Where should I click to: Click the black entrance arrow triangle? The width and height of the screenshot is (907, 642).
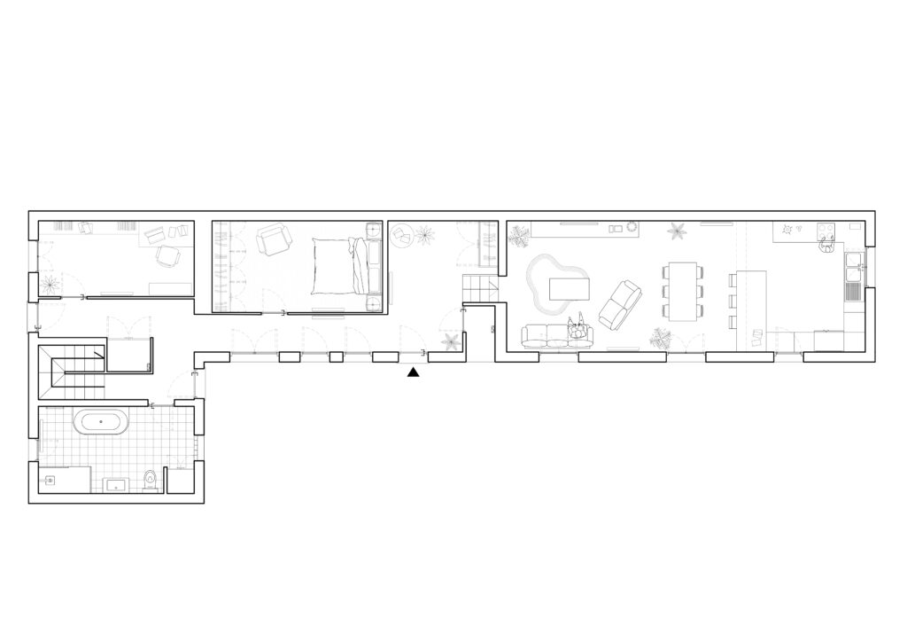click(x=413, y=373)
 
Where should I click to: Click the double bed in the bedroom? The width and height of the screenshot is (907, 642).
click(x=337, y=265)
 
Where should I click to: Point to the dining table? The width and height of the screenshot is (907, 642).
click(x=683, y=291)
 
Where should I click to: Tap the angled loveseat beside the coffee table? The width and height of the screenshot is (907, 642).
click(x=620, y=303)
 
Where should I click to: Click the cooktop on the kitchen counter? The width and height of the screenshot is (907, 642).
click(x=826, y=232)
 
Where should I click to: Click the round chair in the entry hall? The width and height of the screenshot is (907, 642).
click(x=401, y=235)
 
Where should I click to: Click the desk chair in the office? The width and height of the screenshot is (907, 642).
click(x=167, y=255)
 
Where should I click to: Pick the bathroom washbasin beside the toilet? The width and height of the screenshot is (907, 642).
click(x=116, y=485)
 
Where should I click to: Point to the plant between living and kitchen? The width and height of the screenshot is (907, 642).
click(x=678, y=231)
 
